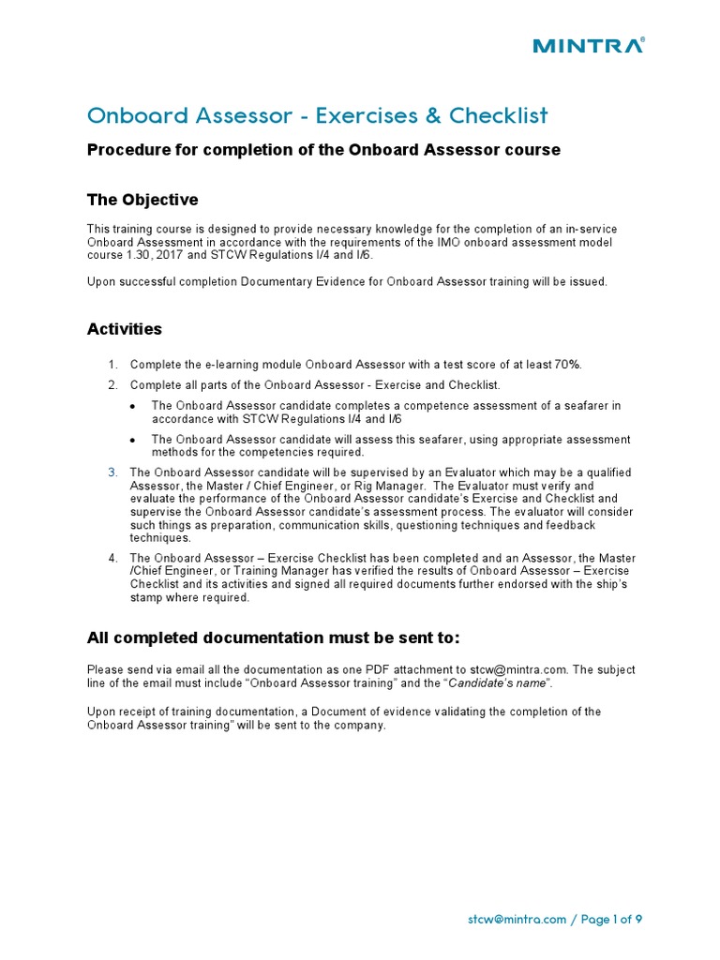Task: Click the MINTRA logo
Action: click(x=588, y=45)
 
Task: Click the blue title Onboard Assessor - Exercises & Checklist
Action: click(x=317, y=115)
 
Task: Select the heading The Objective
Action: click(x=142, y=200)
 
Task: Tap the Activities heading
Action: click(x=125, y=329)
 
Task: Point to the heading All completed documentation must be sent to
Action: click(x=274, y=637)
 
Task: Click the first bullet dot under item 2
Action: click(x=133, y=406)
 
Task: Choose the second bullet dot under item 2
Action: click(x=133, y=440)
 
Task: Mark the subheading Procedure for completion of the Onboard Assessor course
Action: click(x=323, y=150)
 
